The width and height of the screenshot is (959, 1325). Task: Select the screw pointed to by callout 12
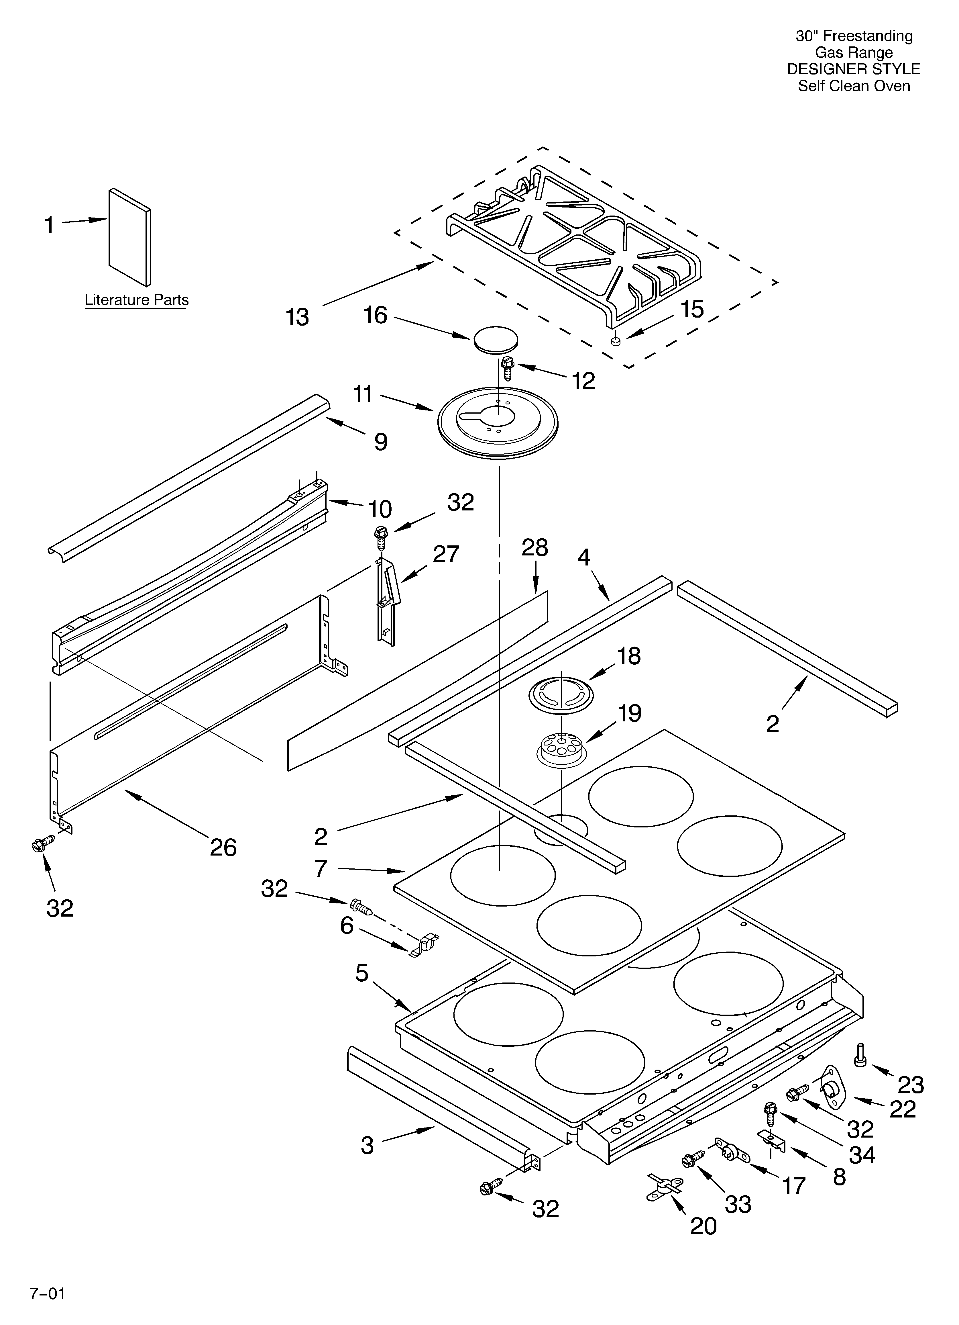coord(508,369)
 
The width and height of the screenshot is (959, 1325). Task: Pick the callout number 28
coord(534,547)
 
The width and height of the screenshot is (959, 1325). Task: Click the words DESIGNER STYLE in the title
coord(853,69)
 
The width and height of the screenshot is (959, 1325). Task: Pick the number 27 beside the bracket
coord(446,554)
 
